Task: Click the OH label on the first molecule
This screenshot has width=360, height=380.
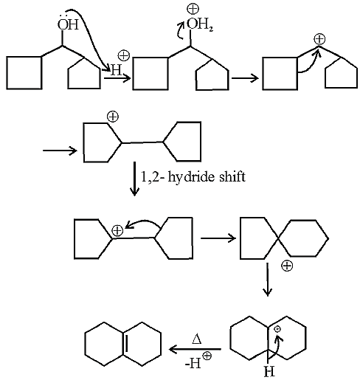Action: click(x=68, y=24)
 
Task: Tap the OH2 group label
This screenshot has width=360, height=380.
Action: click(x=200, y=24)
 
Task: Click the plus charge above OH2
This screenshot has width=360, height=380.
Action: click(x=193, y=9)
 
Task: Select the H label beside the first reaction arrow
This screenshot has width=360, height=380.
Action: click(x=117, y=70)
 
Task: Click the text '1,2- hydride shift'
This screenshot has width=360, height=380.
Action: click(x=193, y=176)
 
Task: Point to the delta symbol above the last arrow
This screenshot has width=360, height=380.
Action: click(x=197, y=339)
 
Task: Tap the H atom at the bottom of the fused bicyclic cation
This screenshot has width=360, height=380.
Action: click(x=269, y=371)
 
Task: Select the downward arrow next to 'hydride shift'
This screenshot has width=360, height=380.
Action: click(x=134, y=179)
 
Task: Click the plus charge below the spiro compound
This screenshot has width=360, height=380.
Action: click(x=287, y=266)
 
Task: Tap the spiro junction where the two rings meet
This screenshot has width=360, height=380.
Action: click(x=278, y=238)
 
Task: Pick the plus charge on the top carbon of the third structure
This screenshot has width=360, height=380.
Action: click(x=319, y=39)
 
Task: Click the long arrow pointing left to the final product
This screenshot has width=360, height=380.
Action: click(x=195, y=349)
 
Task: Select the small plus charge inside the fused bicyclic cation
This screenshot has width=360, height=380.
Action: click(x=277, y=329)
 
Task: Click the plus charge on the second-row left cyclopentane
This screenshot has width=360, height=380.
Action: click(x=113, y=117)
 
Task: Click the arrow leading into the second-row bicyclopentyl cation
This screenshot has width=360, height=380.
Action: click(x=60, y=151)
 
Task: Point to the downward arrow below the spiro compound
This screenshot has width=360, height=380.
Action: click(x=267, y=280)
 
